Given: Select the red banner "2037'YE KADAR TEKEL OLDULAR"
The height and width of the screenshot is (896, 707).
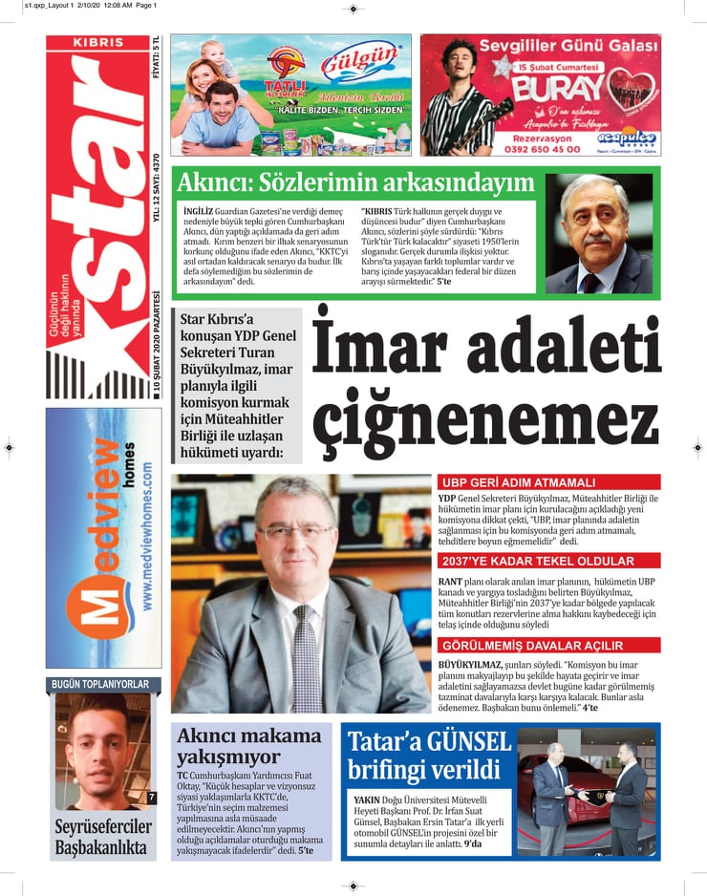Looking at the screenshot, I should click(x=536, y=561).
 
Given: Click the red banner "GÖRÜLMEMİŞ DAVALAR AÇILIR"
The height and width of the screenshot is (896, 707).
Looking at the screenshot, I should click(x=536, y=645).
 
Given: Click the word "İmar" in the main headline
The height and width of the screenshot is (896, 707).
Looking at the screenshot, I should click(x=382, y=352).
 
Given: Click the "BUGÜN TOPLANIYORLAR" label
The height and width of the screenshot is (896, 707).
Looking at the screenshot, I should click(x=99, y=684).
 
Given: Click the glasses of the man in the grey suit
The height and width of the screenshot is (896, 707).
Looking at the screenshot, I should click(x=294, y=531).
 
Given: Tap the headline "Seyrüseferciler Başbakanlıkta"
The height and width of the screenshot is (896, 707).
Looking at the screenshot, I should click(x=103, y=837).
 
